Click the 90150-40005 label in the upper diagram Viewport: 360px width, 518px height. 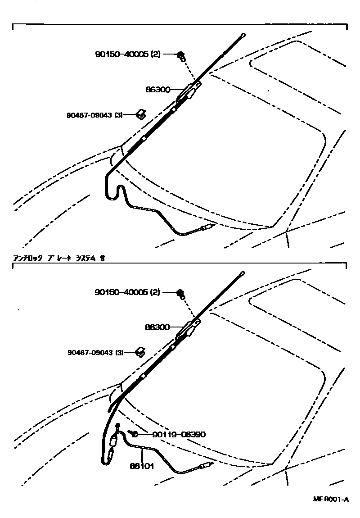tap(127, 54)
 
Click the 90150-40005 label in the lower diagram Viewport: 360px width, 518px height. tap(127, 292)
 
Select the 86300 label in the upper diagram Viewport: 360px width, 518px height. tap(157, 90)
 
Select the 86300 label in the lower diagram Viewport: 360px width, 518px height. tap(157, 327)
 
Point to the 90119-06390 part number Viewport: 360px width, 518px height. tap(179, 435)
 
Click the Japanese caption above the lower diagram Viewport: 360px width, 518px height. tap(59, 258)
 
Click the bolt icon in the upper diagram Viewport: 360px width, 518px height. tap(181, 55)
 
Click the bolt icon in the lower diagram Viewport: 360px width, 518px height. tap(181, 294)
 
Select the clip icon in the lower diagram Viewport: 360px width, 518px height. tap(141, 351)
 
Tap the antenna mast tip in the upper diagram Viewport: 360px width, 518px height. tap(243, 35)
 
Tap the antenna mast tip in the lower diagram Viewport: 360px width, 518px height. tap(243, 273)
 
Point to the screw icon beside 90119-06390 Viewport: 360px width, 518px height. tap(134, 433)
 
